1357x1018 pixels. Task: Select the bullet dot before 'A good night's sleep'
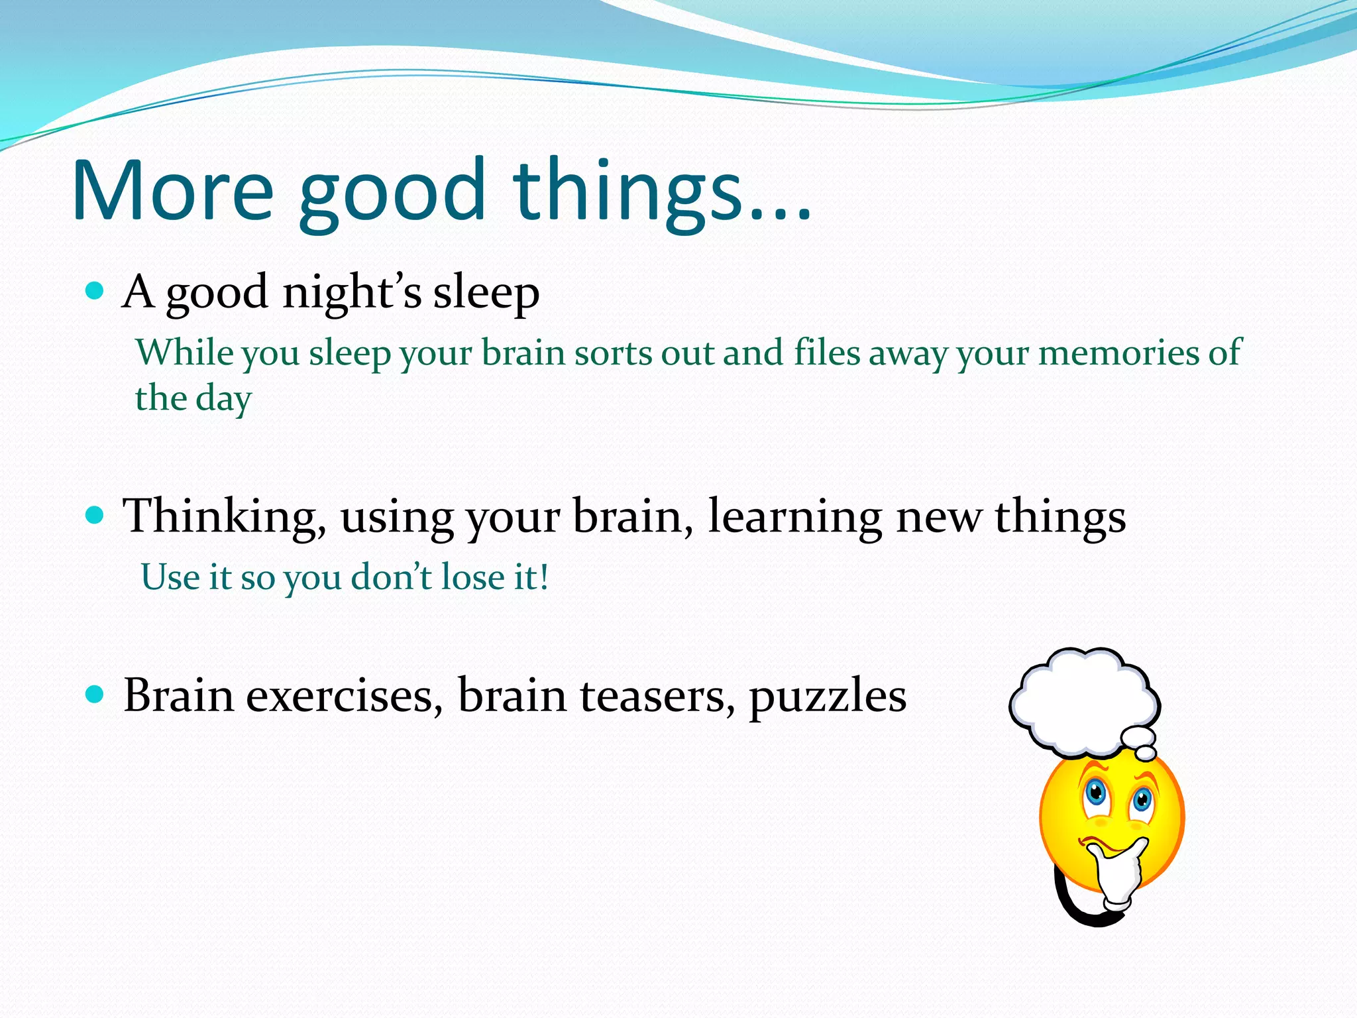click(95, 290)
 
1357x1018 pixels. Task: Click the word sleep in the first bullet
click(486, 293)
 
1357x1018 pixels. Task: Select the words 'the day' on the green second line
click(193, 399)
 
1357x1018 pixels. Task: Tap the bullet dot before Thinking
click(95, 515)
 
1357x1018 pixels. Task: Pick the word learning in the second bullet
click(794, 518)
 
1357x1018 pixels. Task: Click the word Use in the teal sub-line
click(170, 577)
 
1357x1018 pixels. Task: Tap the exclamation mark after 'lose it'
click(543, 577)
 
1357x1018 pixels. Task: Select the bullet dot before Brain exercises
click(95, 694)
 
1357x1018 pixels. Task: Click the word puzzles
click(828, 698)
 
